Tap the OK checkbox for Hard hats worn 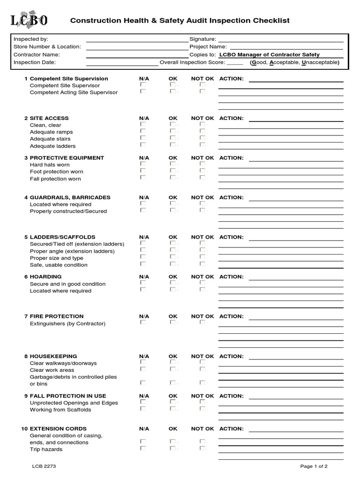(x=172, y=164)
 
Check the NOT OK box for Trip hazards (x=202, y=448)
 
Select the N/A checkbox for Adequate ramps (x=143, y=131)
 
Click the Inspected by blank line (x=136, y=40)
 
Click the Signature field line (x=280, y=40)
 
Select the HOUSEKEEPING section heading (x=60, y=356)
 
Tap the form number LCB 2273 (x=44, y=466)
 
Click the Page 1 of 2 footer (x=314, y=466)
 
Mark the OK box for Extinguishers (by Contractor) (x=172, y=322)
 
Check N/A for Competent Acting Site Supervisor (x=143, y=91)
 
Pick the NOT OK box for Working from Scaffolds (x=202, y=409)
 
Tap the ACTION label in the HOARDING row (x=231, y=277)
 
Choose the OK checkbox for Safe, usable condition (x=172, y=264)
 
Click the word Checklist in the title (x=273, y=21)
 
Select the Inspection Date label (x=35, y=62)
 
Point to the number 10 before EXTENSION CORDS (x=24, y=429)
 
